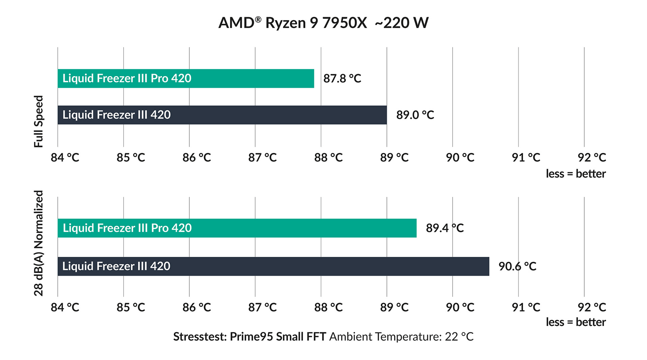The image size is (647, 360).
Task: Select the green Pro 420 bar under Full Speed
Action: pos(186,78)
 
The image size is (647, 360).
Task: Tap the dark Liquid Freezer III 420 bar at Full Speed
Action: pos(222,115)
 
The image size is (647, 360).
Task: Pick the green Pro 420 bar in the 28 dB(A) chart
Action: pos(237,228)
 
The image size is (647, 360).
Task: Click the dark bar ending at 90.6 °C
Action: pos(273,266)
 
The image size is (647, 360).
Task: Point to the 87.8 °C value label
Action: pos(342,78)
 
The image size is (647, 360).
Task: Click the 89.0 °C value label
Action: pos(415,115)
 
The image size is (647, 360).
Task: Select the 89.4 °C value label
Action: pos(444,228)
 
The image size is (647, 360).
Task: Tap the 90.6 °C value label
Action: pos(517,266)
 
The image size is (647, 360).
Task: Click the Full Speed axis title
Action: pos(38,121)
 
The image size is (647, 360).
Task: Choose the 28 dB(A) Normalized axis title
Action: pos(38,243)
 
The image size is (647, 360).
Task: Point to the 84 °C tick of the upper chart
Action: pos(65,157)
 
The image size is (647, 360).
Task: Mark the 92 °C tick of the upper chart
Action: pos(592,157)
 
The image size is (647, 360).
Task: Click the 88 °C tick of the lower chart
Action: pos(328,307)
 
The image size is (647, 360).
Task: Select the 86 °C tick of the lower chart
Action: pos(197,307)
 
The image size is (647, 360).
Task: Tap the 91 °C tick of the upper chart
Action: pos(526,157)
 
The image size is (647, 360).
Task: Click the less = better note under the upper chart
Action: pos(575,174)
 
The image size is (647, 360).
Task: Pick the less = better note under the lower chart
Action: pos(575,322)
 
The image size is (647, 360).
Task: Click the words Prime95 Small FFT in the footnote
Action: pos(278,337)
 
